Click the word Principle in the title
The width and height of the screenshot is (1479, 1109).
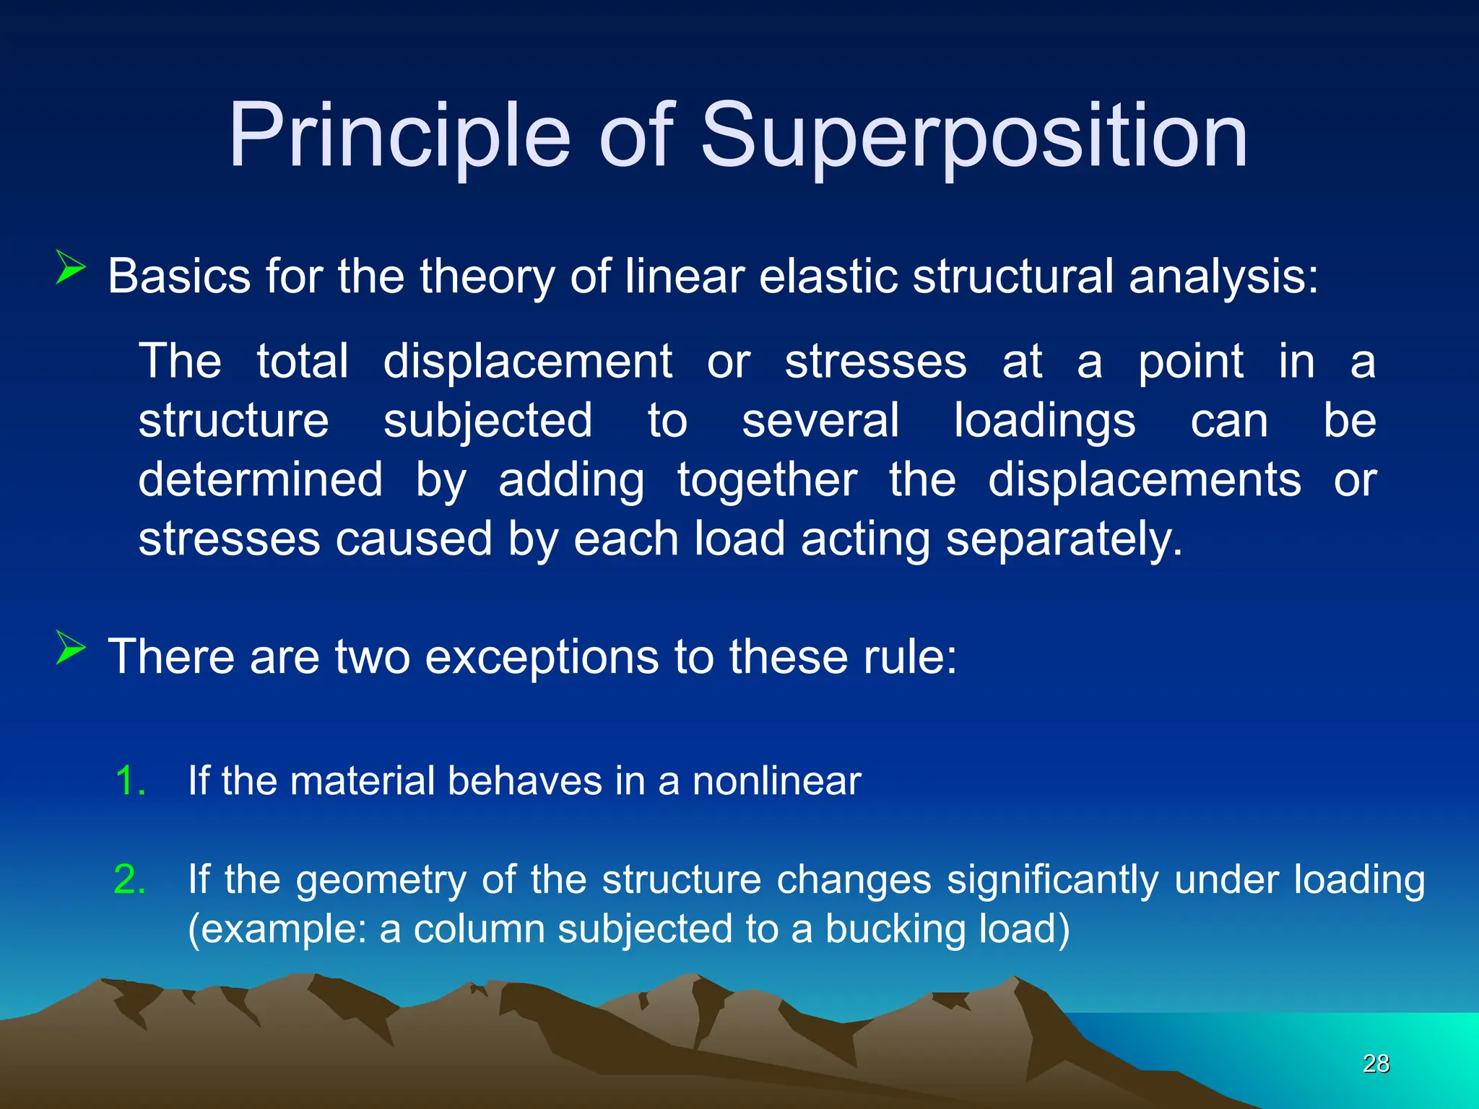click(x=399, y=137)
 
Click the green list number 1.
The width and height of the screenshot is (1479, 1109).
click(x=130, y=781)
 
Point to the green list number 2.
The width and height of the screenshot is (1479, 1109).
click(x=130, y=879)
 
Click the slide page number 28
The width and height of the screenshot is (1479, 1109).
click(x=1376, y=1064)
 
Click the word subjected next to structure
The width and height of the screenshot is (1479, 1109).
click(x=487, y=422)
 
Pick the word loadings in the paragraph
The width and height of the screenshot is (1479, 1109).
click(x=1044, y=422)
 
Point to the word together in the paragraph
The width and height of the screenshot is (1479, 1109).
click(x=767, y=481)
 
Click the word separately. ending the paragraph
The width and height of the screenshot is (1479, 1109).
click(x=1064, y=540)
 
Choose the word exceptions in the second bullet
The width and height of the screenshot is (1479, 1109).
click(x=542, y=658)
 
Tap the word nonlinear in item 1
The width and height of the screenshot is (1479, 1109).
click(x=776, y=781)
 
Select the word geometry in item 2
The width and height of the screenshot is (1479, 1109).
click(x=381, y=881)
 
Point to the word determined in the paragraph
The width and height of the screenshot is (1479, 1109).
click(x=260, y=481)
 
